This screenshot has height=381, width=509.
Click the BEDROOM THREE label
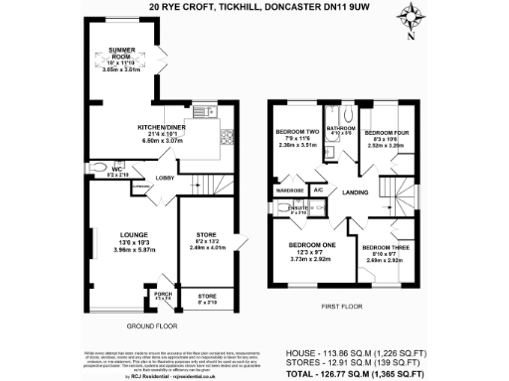383,247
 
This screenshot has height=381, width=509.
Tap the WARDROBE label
289,189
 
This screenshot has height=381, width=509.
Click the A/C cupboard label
319,189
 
